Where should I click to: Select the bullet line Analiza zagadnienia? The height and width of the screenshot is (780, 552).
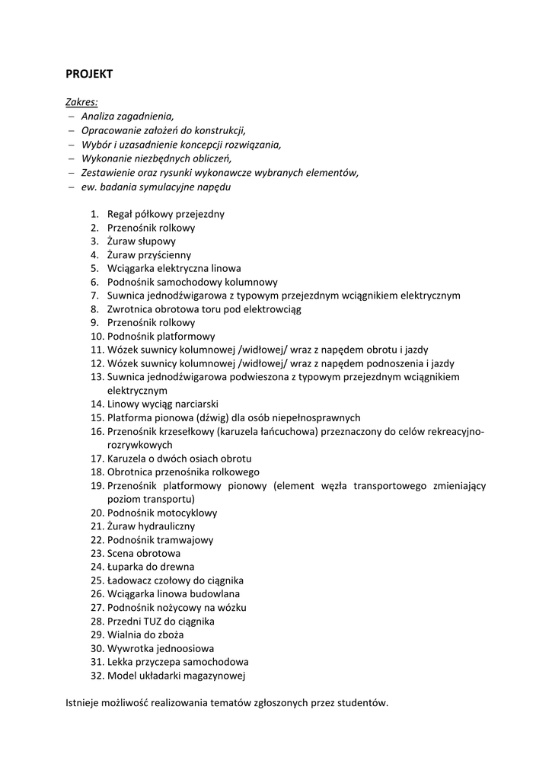127,116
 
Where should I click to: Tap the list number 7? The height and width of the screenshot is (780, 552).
95,296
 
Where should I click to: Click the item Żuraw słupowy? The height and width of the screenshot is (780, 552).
141,241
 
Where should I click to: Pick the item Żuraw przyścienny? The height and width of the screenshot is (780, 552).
148,255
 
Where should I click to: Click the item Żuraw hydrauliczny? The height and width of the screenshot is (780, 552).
151,526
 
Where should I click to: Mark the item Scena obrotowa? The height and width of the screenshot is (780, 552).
143,553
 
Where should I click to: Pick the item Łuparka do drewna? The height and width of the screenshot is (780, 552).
150,567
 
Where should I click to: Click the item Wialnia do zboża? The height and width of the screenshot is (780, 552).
145,635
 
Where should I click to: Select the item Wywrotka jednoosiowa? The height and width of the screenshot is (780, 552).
160,648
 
